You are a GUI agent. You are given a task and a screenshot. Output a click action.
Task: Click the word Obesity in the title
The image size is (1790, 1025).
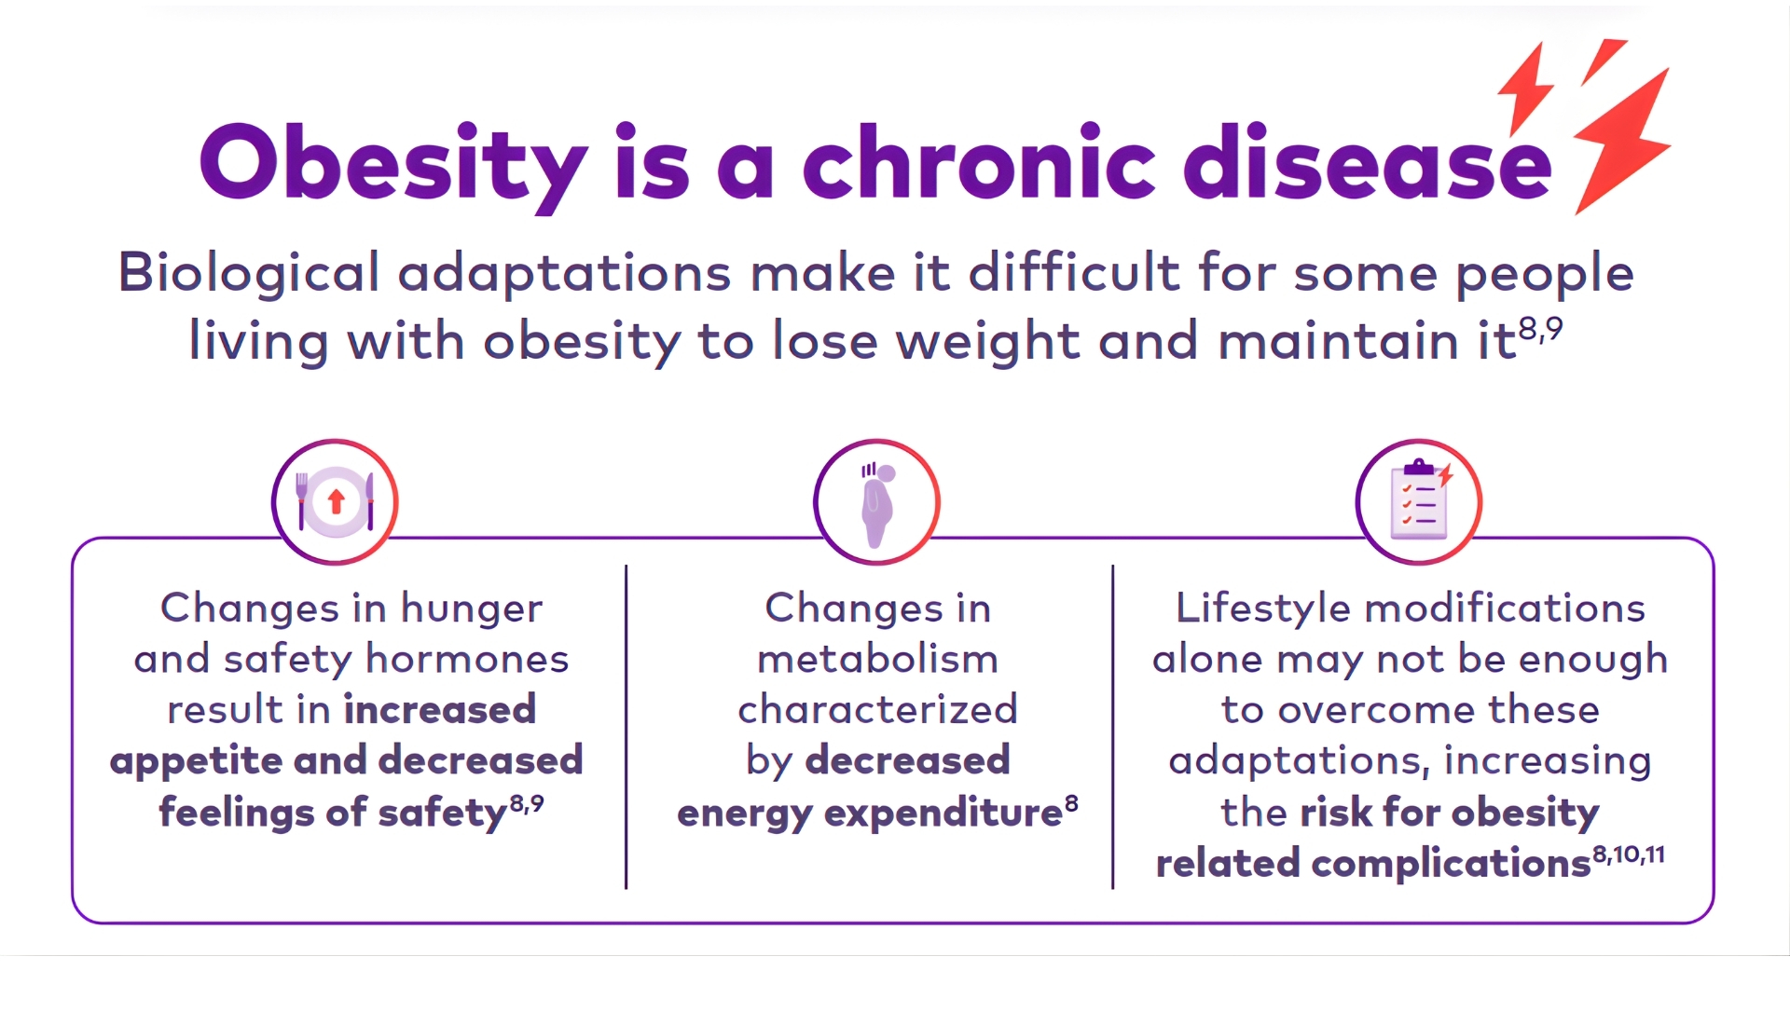(392, 164)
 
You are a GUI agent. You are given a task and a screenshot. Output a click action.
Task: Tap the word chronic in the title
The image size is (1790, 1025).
(979, 164)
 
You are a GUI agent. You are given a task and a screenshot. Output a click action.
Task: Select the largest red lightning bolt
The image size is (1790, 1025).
(1622, 140)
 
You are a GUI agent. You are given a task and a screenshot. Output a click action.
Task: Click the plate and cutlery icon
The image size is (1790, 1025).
(336, 502)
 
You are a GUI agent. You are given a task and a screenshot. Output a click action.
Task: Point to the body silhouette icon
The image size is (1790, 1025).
(876, 504)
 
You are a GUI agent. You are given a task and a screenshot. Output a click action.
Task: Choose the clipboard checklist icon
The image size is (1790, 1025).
(1418, 503)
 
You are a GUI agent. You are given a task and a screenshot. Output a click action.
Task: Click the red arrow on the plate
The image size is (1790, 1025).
(337, 501)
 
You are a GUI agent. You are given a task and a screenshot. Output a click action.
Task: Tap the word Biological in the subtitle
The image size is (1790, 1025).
(248, 274)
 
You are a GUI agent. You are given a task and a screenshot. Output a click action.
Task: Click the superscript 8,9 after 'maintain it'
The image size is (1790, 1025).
(1540, 329)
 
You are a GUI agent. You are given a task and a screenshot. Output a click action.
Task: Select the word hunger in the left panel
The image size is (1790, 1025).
(471, 609)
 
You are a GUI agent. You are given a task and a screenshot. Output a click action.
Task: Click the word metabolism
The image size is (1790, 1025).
(877, 660)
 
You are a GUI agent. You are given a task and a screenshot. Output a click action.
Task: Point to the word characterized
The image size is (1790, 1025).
(877, 710)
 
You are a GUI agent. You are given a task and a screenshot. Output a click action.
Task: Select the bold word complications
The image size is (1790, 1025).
(1451, 864)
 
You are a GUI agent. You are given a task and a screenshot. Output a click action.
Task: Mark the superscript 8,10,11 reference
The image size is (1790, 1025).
(1628, 854)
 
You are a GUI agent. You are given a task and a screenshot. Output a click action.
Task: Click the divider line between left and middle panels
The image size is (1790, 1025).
(626, 727)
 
